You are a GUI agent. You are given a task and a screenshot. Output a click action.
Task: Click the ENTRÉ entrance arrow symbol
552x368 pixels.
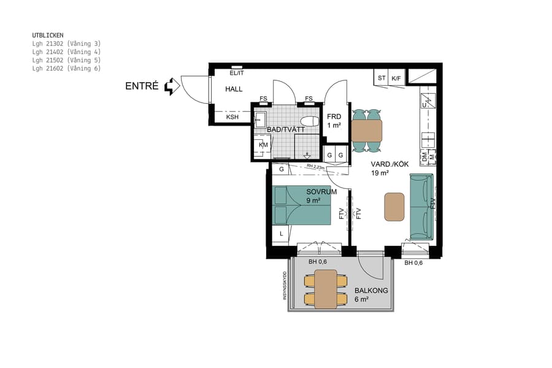pyautogui.click(x=172, y=86)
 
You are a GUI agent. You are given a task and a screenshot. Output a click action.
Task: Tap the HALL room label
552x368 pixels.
pyautogui.click(x=234, y=90)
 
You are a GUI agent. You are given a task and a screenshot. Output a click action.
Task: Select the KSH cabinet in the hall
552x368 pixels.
pyautogui.click(x=232, y=117)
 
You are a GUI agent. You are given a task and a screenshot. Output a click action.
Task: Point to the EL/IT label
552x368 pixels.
pyautogui.click(x=236, y=73)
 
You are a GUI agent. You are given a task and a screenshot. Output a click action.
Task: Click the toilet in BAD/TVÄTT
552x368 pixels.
pyautogui.click(x=310, y=121)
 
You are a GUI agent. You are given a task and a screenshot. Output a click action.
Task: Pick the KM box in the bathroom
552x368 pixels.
pyautogui.click(x=263, y=145)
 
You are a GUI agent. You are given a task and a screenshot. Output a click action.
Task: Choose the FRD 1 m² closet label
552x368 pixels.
pyautogui.click(x=334, y=120)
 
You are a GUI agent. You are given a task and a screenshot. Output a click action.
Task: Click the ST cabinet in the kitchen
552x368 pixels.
pyautogui.click(x=381, y=78)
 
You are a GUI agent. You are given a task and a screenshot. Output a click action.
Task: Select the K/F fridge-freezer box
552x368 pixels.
pyautogui.click(x=397, y=78)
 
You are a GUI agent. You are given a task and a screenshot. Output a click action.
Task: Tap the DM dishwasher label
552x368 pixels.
pyautogui.click(x=424, y=157)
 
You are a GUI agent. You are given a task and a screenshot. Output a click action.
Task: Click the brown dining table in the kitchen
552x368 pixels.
pyautogui.click(x=366, y=131)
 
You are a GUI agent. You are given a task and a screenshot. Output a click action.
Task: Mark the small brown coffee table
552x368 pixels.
pyautogui.click(x=394, y=207)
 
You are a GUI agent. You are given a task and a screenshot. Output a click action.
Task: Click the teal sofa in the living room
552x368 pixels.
pyautogui.click(x=421, y=207)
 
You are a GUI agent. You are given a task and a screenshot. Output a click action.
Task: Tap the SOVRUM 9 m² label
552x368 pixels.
pyautogui.click(x=321, y=195)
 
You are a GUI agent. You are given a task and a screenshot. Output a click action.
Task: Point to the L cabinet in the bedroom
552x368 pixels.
pyautogui.click(x=281, y=234)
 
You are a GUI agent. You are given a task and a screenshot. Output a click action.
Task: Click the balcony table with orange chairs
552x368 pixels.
pyautogui.click(x=325, y=289)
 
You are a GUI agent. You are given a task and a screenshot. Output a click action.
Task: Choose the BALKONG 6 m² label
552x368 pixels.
pyautogui.click(x=371, y=294)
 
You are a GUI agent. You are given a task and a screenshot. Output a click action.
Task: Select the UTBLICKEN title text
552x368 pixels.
pyautogui.click(x=48, y=36)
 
